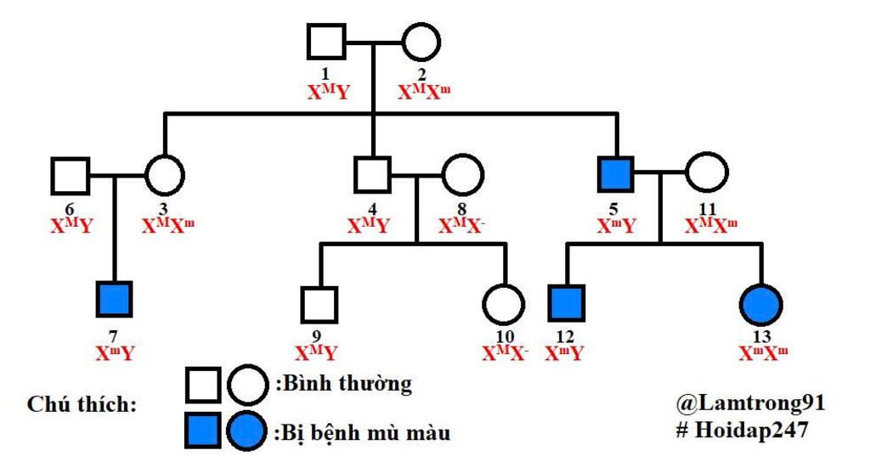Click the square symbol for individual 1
[x=325, y=42]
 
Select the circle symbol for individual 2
[x=421, y=42]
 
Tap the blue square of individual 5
[x=618, y=174]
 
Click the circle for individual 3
[x=165, y=176]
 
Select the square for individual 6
[x=70, y=176]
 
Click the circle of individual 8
[x=462, y=176]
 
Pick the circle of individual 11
[x=707, y=174]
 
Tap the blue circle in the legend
[x=247, y=431]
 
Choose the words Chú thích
[x=82, y=404]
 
